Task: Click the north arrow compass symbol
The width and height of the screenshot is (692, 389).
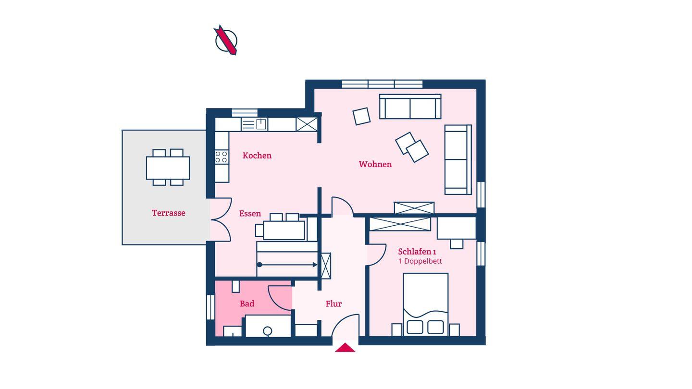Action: [226, 40]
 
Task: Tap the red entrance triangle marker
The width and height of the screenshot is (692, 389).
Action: [345, 348]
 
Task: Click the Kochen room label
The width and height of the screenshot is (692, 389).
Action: [257, 156]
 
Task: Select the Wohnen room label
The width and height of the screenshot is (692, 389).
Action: [375, 164]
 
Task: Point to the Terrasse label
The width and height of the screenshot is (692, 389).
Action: [169, 213]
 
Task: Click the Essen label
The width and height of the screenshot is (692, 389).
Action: [250, 214]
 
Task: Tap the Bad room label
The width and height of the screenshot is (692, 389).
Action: [247, 304]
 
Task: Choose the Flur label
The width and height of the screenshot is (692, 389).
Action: [334, 304]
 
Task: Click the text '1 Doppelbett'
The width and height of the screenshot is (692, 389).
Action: [420, 261]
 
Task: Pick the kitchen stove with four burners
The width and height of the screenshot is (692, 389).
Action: [222, 157]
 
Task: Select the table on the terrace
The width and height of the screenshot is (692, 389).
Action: [168, 168]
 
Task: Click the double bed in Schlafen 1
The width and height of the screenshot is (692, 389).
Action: [425, 304]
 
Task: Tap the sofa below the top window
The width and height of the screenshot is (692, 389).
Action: [410, 107]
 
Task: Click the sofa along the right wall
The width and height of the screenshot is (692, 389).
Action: [458, 159]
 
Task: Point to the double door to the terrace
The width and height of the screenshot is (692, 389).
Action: [221, 219]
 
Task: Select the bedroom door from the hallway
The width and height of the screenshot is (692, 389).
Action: [376, 255]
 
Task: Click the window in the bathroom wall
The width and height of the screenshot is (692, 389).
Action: [210, 307]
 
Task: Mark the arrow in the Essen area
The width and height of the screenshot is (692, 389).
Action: [287, 265]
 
